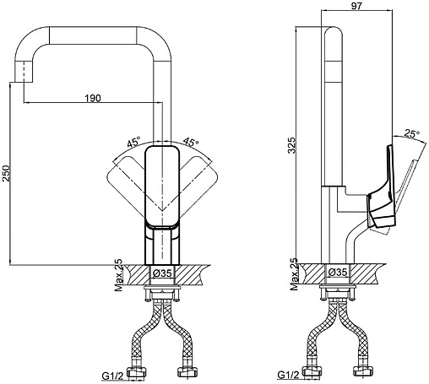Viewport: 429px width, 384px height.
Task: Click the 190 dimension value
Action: pyautogui.click(x=93, y=98)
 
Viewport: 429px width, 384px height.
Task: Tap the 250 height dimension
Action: pyautogui.click(x=6, y=173)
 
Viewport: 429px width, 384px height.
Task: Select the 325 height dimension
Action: pyautogui.click(x=292, y=145)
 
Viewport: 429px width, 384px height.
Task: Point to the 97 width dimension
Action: pyautogui.click(x=356, y=6)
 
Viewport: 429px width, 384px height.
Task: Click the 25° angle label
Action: pyautogui.click(x=412, y=133)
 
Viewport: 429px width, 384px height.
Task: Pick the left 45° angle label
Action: pyautogui.click(x=133, y=143)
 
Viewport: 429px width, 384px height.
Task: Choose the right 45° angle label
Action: pyautogui.click(x=191, y=143)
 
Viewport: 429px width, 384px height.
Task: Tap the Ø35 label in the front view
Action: pyautogui.click(x=162, y=273)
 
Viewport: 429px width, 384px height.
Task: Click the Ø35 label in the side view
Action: pyautogui.click(x=338, y=272)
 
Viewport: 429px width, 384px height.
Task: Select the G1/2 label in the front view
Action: pyautogui.click(x=112, y=376)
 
